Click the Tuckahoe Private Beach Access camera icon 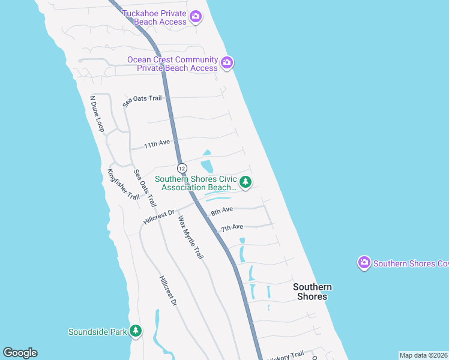tap(195, 17)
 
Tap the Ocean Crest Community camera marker tap(227, 62)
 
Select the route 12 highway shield tap(182, 167)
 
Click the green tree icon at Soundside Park tap(136, 331)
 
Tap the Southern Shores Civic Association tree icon tap(245, 182)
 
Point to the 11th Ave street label tap(158, 144)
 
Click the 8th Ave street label tap(221, 211)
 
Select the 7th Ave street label tap(231, 227)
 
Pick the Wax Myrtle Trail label tap(190, 238)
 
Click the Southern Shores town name tap(312, 292)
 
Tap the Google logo tap(20, 353)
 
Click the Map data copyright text tap(423, 355)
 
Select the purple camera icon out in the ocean tap(363, 263)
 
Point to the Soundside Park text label tap(98, 331)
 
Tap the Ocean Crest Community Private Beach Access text tap(173, 64)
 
